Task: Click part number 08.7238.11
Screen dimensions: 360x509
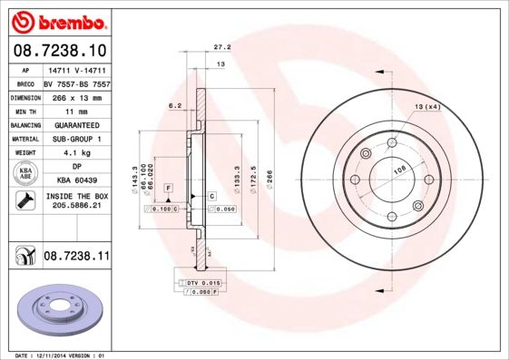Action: [76, 258]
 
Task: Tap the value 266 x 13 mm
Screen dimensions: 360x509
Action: [75, 95]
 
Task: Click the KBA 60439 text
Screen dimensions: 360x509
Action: [76, 181]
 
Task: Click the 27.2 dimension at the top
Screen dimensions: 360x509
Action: [220, 47]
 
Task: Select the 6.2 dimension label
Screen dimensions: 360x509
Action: [175, 106]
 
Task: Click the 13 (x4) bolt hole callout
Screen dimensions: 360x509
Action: [427, 108]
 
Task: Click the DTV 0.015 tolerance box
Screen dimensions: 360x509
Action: [203, 284]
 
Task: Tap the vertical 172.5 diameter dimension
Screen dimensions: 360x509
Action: [254, 170]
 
